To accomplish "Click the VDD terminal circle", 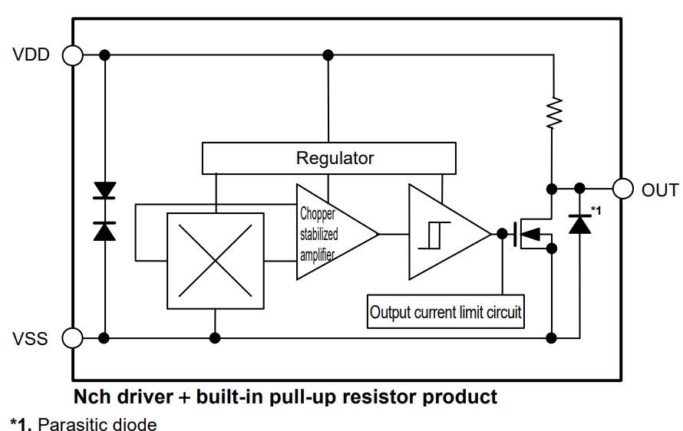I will click(x=73, y=55).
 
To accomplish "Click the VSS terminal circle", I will click(x=73, y=337).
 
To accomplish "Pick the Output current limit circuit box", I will click(x=446, y=312).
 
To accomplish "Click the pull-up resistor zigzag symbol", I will click(x=552, y=112).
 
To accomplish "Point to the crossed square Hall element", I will click(x=215, y=261).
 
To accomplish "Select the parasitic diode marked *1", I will click(x=579, y=223).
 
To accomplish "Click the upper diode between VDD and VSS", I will click(x=104, y=189).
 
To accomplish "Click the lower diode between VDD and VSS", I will click(x=104, y=229).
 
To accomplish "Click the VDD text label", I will click(x=31, y=55).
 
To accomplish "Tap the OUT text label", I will click(x=660, y=190).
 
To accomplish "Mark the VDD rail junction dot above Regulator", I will click(x=328, y=55).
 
